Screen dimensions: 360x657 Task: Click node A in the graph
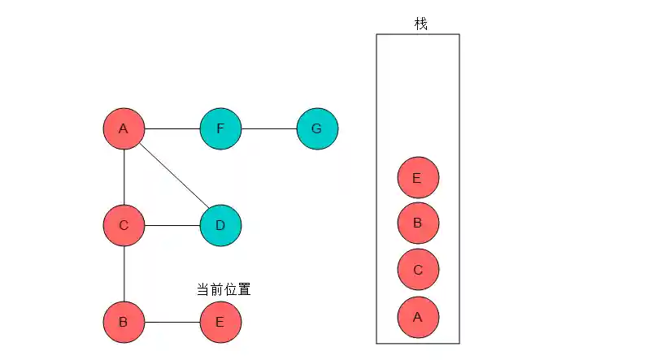pyautogui.click(x=124, y=128)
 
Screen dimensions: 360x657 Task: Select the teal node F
pyautogui.click(x=220, y=128)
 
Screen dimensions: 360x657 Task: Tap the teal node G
pyautogui.click(x=317, y=128)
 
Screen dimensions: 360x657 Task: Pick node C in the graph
pyautogui.click(x=124, y=225)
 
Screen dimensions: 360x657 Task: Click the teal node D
pyautogui.click(x=220, y=225)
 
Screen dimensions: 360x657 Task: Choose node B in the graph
pyautogui.click(x=124, y=322)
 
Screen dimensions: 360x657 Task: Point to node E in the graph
pyautogui.click(x=220, y=322)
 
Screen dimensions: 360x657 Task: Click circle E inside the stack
pyautogui.click(x=418, y=178)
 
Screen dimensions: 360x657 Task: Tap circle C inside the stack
pyautogui.click(x=418, y=270)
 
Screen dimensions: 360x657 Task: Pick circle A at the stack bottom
pyautogui.click(x=418, y=317)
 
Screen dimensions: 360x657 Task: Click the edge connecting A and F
pyautogui.click(x=172, y=128)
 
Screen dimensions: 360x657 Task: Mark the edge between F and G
pyautogui.click(x=269, y=128)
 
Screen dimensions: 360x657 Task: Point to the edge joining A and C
pyautogui.click(x=124, y=177)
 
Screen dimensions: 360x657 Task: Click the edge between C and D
pyautogui.click(x=172, y=225)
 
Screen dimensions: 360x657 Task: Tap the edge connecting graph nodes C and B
pyautogui.click(x=124, y=274)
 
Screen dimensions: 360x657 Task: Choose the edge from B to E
pyautogui.click(x=172, y=322)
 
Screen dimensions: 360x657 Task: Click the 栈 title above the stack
pyautogui.click(x=420, y=24)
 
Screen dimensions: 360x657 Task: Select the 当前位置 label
pyautogui.click(x=223, y=289)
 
